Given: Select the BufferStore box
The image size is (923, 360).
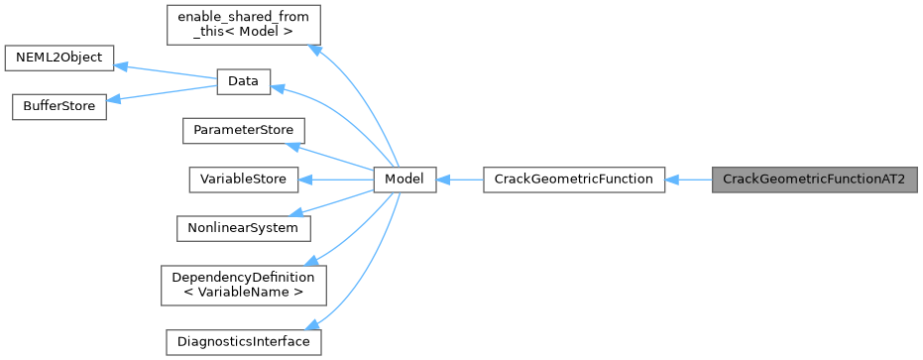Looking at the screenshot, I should tap(58, 106).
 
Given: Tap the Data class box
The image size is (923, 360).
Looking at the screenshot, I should tap(243, 82).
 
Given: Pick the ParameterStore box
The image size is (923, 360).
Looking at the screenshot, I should tap(243, 131).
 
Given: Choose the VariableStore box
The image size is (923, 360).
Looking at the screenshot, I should tap(243, 180).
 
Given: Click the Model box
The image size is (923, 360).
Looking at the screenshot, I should tap(404, 180).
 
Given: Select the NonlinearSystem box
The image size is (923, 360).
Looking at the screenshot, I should tap(243, 227).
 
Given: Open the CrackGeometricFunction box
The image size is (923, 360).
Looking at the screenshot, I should tap(573, 180).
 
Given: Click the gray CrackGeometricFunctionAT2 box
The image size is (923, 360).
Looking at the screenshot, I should tap(814, 180).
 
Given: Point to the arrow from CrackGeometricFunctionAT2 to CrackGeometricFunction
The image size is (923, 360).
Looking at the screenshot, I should tap(689, 180).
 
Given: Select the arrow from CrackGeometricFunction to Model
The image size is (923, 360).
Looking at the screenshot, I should tap(459, 180).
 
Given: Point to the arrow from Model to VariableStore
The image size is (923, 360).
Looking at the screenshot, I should tap(336, 180).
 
